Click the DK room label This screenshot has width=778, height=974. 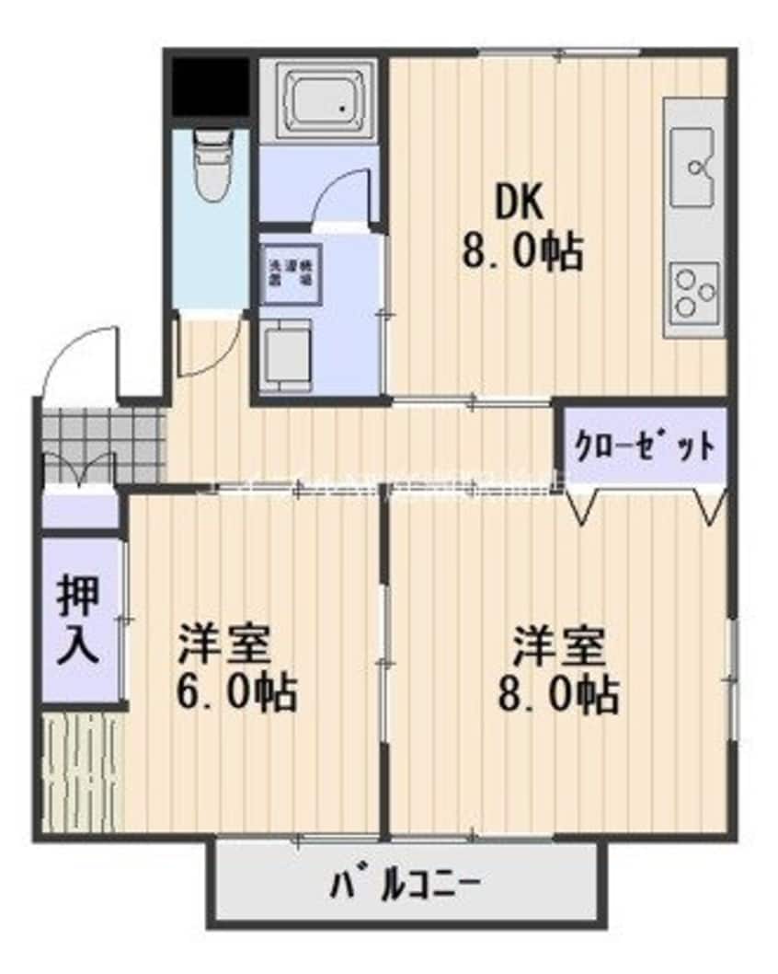[521, 204]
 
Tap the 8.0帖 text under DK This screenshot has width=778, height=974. [521, 250]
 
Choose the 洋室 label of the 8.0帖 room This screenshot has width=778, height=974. [558, 645]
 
